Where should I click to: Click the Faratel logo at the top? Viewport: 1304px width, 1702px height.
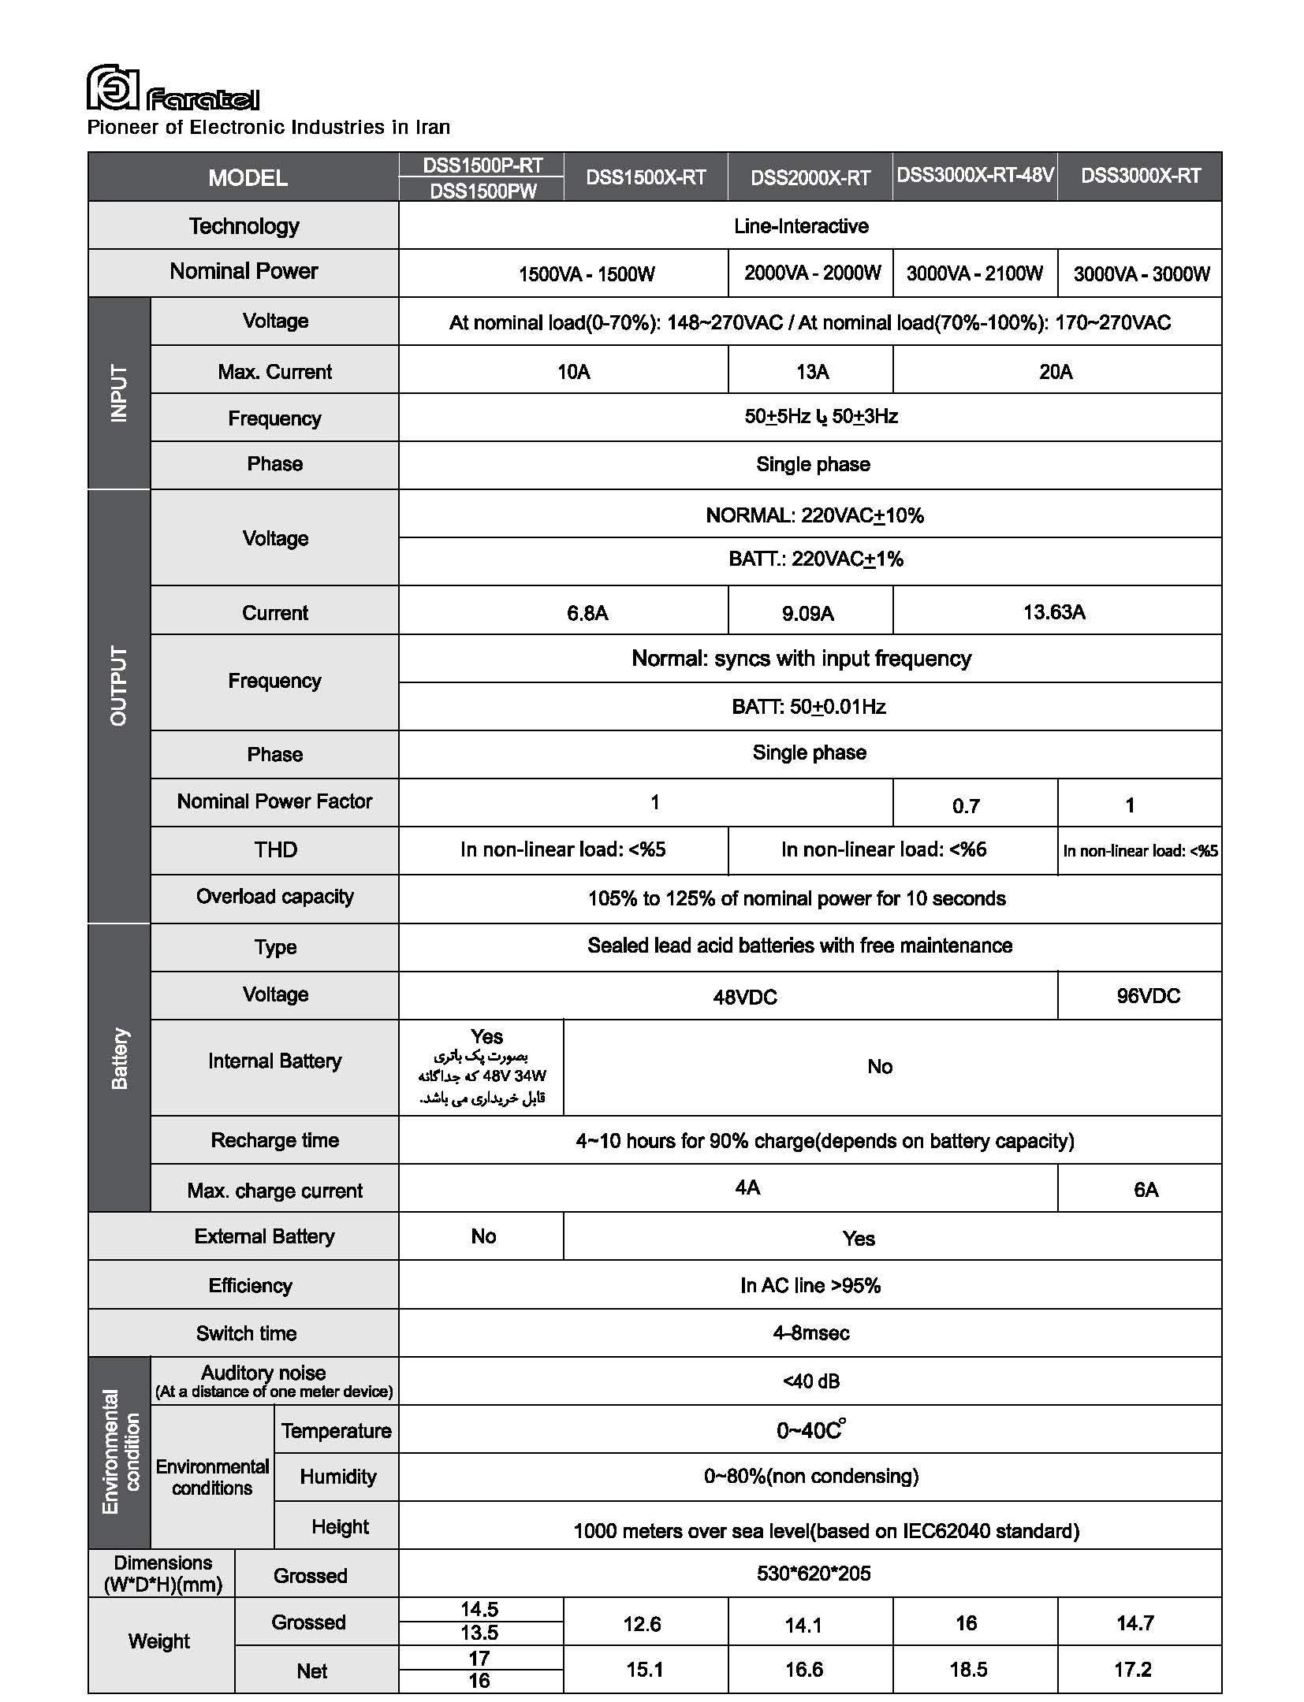(x=172, y=88)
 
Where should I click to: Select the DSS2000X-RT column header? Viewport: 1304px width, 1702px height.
(x=810, y=177)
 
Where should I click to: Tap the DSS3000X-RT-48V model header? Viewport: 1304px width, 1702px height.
(x=974, y=175)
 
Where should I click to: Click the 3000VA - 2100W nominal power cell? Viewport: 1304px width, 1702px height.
(x=974, y=273)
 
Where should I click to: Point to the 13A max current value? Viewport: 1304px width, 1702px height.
(x=812, y=372)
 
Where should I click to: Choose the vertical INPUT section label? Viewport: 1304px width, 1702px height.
(x=119, y=392)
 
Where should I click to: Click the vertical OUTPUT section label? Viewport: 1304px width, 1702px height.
(x=119, y=686)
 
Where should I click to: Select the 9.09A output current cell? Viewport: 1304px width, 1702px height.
(x=807, y=613)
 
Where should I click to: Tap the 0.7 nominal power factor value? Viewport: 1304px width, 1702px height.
(x=966, y=806)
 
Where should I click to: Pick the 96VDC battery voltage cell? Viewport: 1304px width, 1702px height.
(x=1148, y=996)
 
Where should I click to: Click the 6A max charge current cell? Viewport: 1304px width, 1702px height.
(x=1146, y=1190)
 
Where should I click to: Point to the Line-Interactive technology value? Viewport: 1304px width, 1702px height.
(x=801, y=226)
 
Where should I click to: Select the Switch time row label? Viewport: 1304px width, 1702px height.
(x=246, y=1333)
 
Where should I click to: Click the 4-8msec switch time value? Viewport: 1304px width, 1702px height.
(x=810, y=1333)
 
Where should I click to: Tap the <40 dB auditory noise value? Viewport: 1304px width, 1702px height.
(x=810, y=1381)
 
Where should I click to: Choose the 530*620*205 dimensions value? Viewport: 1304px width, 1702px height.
(x=813, y=1574)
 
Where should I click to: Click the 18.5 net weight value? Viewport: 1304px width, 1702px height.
(x=968, y=1669)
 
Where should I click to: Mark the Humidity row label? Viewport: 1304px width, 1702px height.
(x=337, y=1477)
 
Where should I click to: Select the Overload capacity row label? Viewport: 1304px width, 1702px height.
(x=274, y=897)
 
